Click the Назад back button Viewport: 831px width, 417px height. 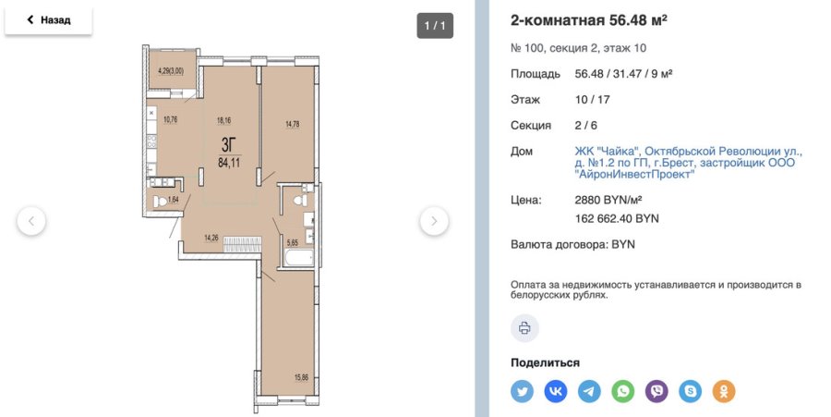tap(48, 19)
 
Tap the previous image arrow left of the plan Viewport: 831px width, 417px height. tap(31, 221)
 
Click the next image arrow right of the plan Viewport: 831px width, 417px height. tap(434, 221)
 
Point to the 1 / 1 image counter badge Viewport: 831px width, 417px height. tap(434, 25)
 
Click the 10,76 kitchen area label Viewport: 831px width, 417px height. tap(170, 118)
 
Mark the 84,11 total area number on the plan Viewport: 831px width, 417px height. tap(230, 162)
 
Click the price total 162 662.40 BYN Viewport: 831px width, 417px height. tap(618, 219)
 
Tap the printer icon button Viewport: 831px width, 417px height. tap(524, 328)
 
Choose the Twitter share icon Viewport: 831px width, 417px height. tap(523, 391)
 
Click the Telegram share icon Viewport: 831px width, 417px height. tap(589, 391)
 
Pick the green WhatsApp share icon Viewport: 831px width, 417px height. tap(623, 391)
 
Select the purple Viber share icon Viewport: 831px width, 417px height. tap(656, 391)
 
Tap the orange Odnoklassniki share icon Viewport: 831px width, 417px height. tap(724, 391)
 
